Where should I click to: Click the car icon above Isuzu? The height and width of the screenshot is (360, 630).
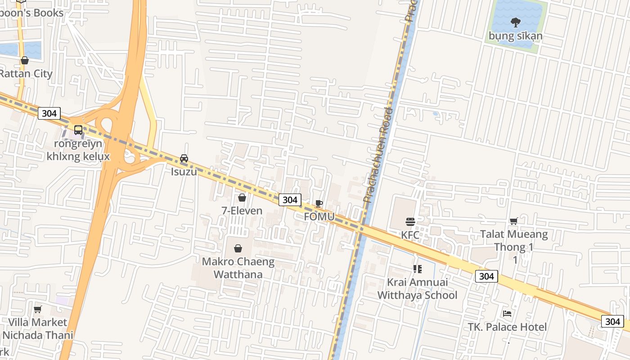tap(184, 158)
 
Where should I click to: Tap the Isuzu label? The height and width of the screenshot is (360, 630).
tap(184, 171)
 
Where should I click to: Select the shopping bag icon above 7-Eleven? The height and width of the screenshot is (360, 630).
tap(242, 198)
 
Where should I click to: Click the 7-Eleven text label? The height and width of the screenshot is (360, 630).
tap(242, 210)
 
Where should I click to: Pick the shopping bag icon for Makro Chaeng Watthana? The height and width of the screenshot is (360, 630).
tap(238, 248)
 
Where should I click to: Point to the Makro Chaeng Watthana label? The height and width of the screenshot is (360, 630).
tap(238, 268)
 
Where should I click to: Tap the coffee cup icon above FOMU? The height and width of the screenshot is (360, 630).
tap(319, 203)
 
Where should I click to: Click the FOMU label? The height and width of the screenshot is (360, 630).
tap(319, 216)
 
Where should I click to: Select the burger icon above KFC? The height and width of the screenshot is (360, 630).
tap(410, 221)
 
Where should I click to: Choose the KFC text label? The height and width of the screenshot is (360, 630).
tap(410, 235)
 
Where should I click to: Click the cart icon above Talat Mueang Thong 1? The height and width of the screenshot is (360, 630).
tap(513, 221)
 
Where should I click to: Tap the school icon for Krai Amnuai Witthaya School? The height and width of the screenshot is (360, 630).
tap(417, 269)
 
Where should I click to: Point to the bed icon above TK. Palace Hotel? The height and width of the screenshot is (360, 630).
tap(507, 314)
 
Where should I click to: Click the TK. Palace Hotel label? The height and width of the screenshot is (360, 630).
tap(507, 327)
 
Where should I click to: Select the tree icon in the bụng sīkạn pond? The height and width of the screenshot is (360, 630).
tap(515, 22)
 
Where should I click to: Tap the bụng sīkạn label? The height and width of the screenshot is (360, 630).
tap(516, 36)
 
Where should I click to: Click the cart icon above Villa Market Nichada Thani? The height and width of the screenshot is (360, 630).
tap(38, 309)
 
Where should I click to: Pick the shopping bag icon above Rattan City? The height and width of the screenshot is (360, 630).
tap(25, 60)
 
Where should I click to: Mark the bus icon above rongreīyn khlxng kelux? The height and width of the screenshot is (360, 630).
tap(78, 130)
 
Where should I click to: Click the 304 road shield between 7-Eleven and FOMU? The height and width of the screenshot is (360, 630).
tap(290, 199)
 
